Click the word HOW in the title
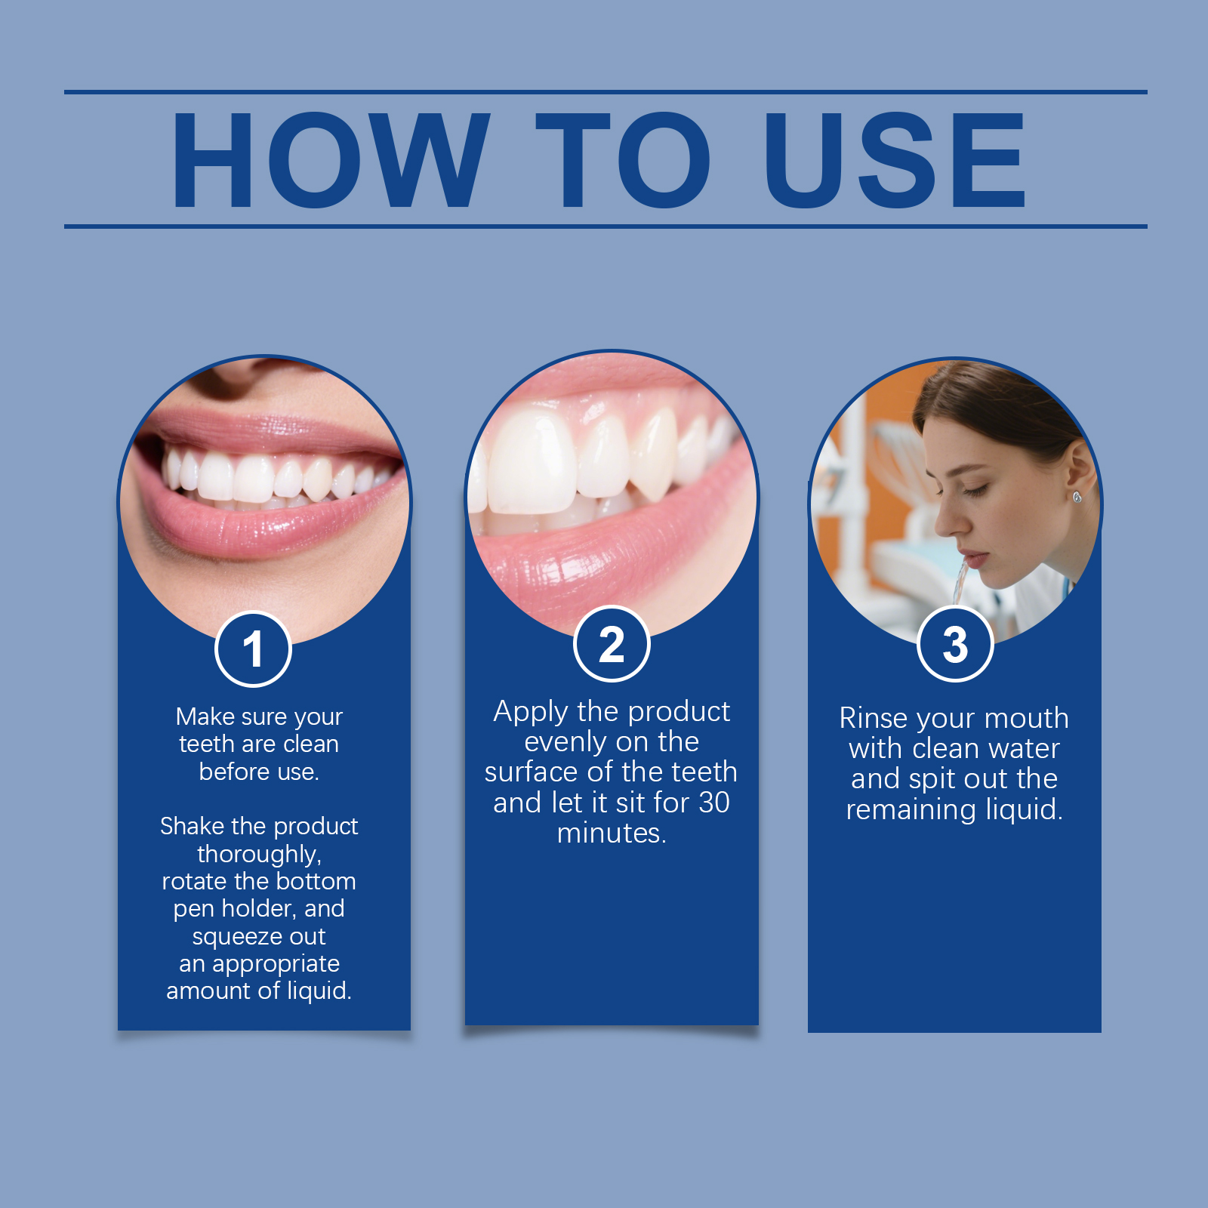click(x=331, y=159)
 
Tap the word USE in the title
click(x=894, y=159)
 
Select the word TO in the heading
click(x=623, y=159)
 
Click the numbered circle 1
click(x=253, y=649)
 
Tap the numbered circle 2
click(x=612, y=644)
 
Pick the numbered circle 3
click(x=955, y=644)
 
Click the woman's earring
click(x=1077, y=496)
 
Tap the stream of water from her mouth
click(x=960, y=581)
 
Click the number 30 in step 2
click(x=713, y=803)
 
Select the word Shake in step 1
click(x=192, y=826)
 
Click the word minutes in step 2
click(x=612, y=834)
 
